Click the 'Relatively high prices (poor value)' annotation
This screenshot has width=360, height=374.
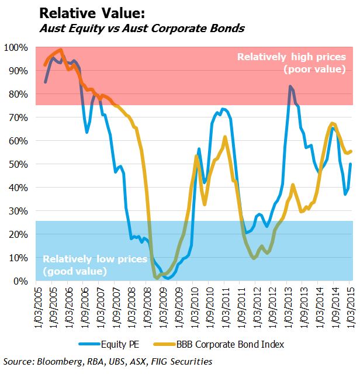pos(290,63)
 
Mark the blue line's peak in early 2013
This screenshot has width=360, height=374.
pos(289,86)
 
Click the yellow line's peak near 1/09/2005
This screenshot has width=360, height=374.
pos(61,50)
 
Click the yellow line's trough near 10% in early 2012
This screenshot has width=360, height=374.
pos(254,258)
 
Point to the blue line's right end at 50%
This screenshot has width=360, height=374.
pos(350,164)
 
